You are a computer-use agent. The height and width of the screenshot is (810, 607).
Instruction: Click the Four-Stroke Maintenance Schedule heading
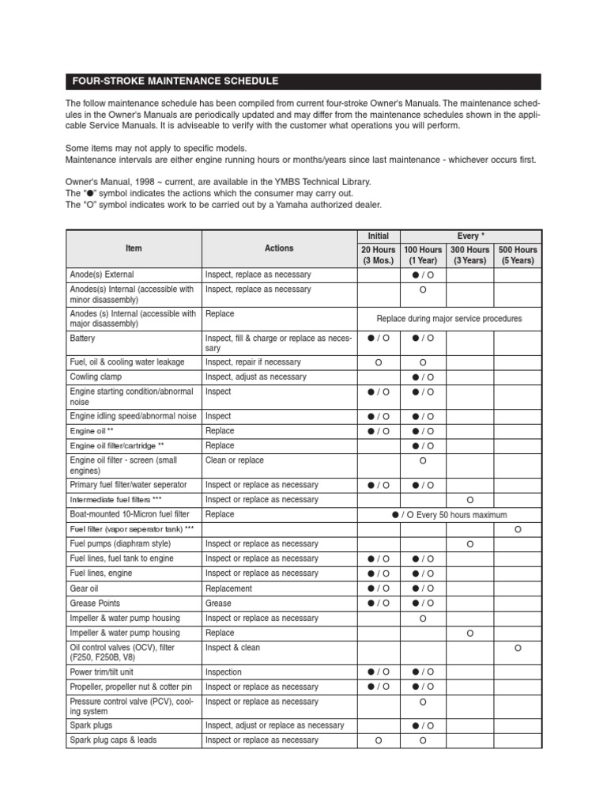click(175, 81)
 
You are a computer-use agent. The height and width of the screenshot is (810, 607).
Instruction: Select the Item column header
click(134, 248)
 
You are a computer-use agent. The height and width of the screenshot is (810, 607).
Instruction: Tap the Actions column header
click(279, 248)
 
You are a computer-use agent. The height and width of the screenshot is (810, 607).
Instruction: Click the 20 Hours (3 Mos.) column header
click(379, 255)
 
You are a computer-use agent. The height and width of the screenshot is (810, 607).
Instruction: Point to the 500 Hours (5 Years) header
click(518, 255)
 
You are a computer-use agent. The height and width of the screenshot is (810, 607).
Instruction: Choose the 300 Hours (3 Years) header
click(469, 255)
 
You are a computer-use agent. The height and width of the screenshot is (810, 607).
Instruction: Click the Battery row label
click(83, 339)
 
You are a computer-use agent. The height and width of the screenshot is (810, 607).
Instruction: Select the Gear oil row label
click(86, 589)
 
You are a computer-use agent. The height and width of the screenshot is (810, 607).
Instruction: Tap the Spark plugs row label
click(91, 725)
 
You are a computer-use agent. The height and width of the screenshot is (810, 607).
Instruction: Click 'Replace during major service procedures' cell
click(449, 319)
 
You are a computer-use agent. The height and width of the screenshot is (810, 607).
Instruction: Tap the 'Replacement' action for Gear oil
click(229, 589)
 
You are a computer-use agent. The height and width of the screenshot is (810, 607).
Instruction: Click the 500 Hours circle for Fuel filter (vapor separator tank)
click(518, 529)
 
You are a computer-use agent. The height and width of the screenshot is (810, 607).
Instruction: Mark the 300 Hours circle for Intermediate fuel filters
click(469, 500)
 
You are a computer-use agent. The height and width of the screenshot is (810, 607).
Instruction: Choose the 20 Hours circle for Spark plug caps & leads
click(379, 740)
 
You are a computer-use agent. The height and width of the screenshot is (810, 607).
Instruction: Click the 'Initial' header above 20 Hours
click(379, 236)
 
